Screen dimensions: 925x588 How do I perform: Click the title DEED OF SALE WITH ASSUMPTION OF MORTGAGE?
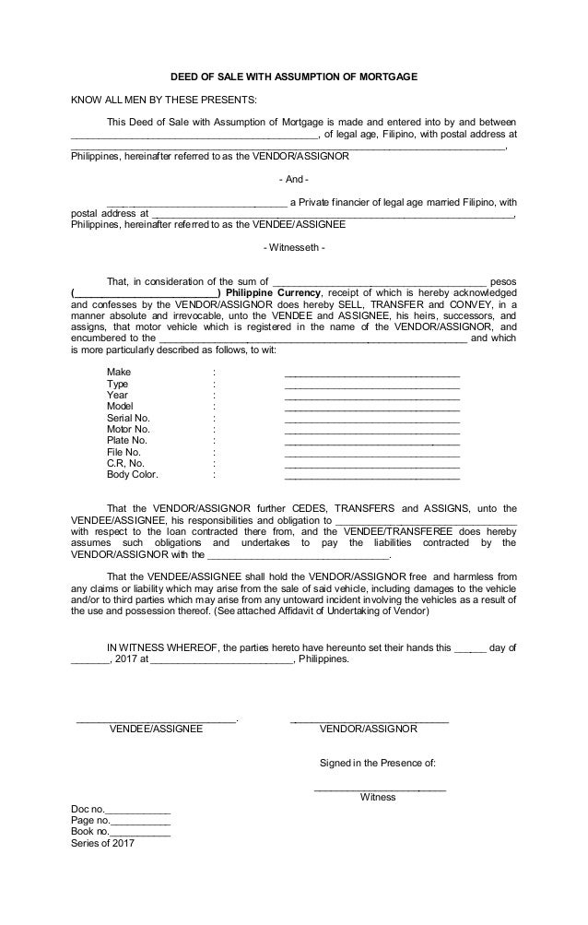(294, 79)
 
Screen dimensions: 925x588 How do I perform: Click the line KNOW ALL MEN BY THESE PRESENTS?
(165, 101)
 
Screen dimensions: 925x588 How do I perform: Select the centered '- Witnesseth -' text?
(294, 247)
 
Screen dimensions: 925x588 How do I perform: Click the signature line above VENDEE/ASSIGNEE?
(157, 718)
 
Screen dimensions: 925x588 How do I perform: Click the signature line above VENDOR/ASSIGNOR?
(370, 718)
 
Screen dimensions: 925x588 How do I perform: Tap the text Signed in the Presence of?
(377, 764)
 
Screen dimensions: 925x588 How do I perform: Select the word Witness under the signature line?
(378, 797)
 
